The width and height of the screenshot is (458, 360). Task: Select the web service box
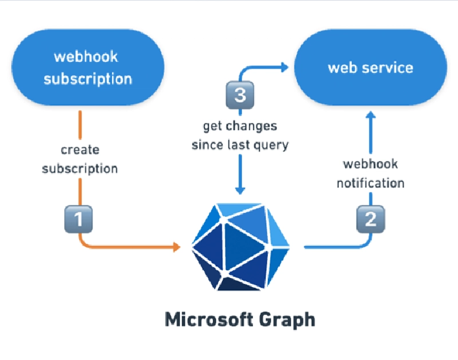(x=370, y=68)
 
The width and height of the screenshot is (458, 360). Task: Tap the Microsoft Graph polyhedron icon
(x=240, y=246)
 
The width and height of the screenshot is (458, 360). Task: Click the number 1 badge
(x=77, y=219)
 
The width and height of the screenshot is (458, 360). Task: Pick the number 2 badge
(x=370, y=219)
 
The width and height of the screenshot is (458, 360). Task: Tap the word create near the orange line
(x=80, y=150)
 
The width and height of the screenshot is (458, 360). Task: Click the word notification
(x=370, y=184)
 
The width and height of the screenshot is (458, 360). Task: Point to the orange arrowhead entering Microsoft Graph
(x=176, y=247)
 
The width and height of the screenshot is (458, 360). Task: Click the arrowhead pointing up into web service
(x=370, y=116)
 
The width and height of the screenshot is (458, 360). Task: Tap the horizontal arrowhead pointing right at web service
(x=284, y=68)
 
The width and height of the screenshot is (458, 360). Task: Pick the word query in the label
(x=273, y=145)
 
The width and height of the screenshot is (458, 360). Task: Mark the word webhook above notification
(x=370, y=164)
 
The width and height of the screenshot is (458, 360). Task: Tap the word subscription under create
(x=80, y=169)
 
